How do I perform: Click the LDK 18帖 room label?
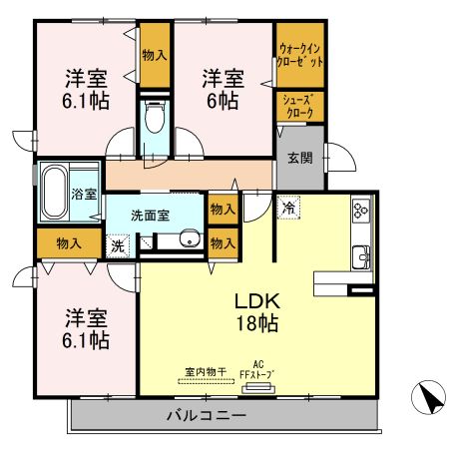coord(256,311)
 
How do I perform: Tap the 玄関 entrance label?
coord(299,157)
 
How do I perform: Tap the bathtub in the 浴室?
coord(54,193)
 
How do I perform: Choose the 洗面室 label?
coord(150,214)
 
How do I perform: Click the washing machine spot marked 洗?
coord(117,244)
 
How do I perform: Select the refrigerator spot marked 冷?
coord(287,209)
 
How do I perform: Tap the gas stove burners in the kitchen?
coord(359,212)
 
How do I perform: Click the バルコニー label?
coord(208,414)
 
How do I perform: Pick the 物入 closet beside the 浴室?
coord(69,241)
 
